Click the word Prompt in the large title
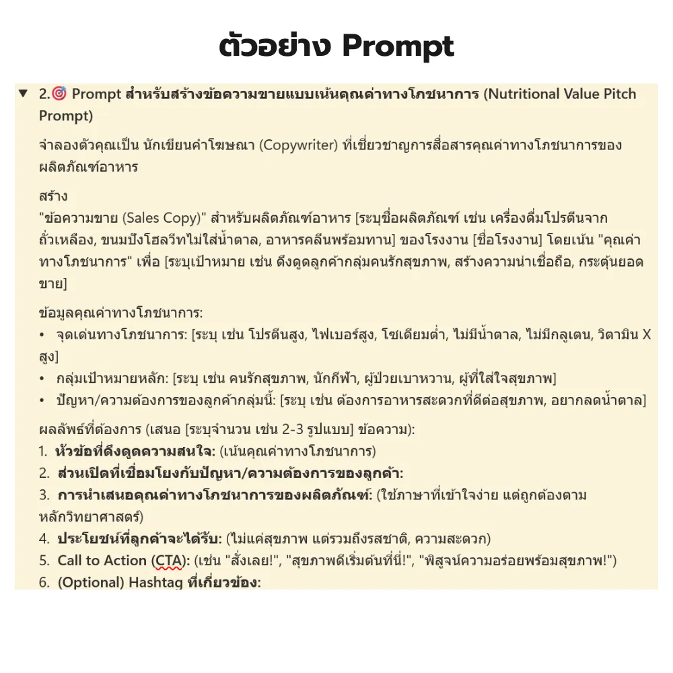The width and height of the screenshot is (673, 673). click(x=398, y=46)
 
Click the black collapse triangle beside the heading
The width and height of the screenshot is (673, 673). click(x=24, y=94)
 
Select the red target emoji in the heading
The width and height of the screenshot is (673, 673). click(x=59, y=94)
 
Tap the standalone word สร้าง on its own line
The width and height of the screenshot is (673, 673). click(x=53, y=197)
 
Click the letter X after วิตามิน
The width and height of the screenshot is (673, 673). click(x=646, y=334)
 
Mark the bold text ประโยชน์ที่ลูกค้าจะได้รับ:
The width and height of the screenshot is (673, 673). click(x=139, y=538)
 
